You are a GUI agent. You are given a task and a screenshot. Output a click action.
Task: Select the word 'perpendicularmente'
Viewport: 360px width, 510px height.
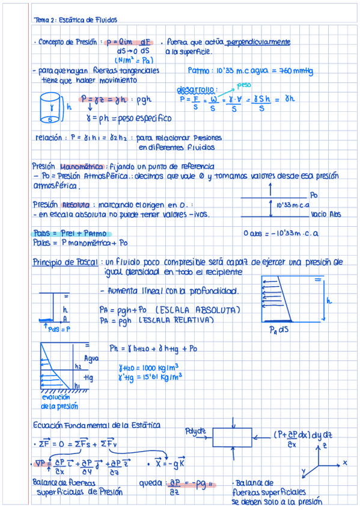[258, 43]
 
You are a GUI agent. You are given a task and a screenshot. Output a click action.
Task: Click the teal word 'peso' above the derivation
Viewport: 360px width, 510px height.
[244, 85]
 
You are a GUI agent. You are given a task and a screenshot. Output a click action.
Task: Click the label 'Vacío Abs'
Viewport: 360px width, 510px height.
[326, 214]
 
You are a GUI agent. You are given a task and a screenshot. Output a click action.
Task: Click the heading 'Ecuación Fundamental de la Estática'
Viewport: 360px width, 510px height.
[96, 425]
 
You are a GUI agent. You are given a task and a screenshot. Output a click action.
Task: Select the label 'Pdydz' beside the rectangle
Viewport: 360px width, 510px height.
[196, 431]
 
